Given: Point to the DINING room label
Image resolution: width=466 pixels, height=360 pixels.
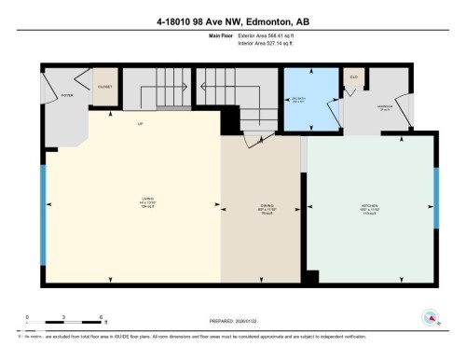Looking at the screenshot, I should point(266,209).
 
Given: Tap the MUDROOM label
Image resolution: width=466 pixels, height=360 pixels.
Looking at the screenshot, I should point(383,105).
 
